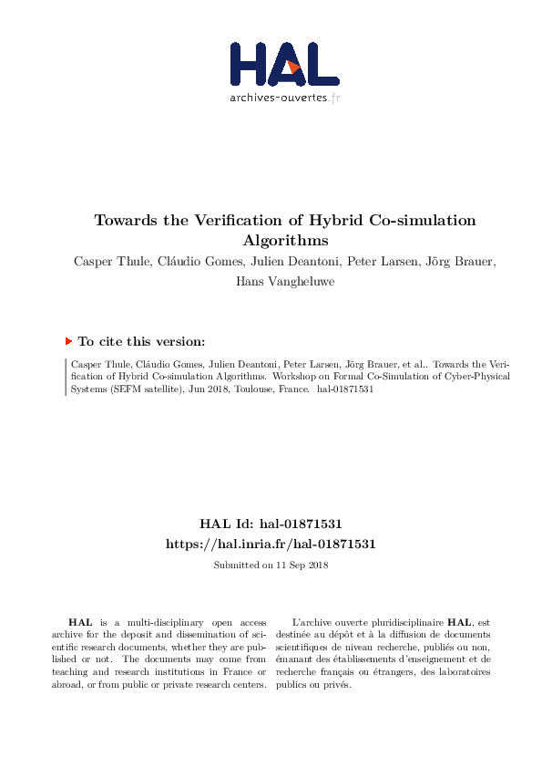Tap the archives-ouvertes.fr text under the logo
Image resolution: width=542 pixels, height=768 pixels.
(284, 96)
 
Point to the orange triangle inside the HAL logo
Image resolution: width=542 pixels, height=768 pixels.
(293, 67)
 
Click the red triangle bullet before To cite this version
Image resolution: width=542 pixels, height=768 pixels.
(68, 340)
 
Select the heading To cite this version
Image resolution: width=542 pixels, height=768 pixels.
(141, 341)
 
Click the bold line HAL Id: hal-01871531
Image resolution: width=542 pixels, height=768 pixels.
(271, 524)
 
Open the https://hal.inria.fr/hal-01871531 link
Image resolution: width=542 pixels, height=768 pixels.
(271, 544)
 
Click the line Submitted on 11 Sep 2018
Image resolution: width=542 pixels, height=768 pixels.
(271, 566)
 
